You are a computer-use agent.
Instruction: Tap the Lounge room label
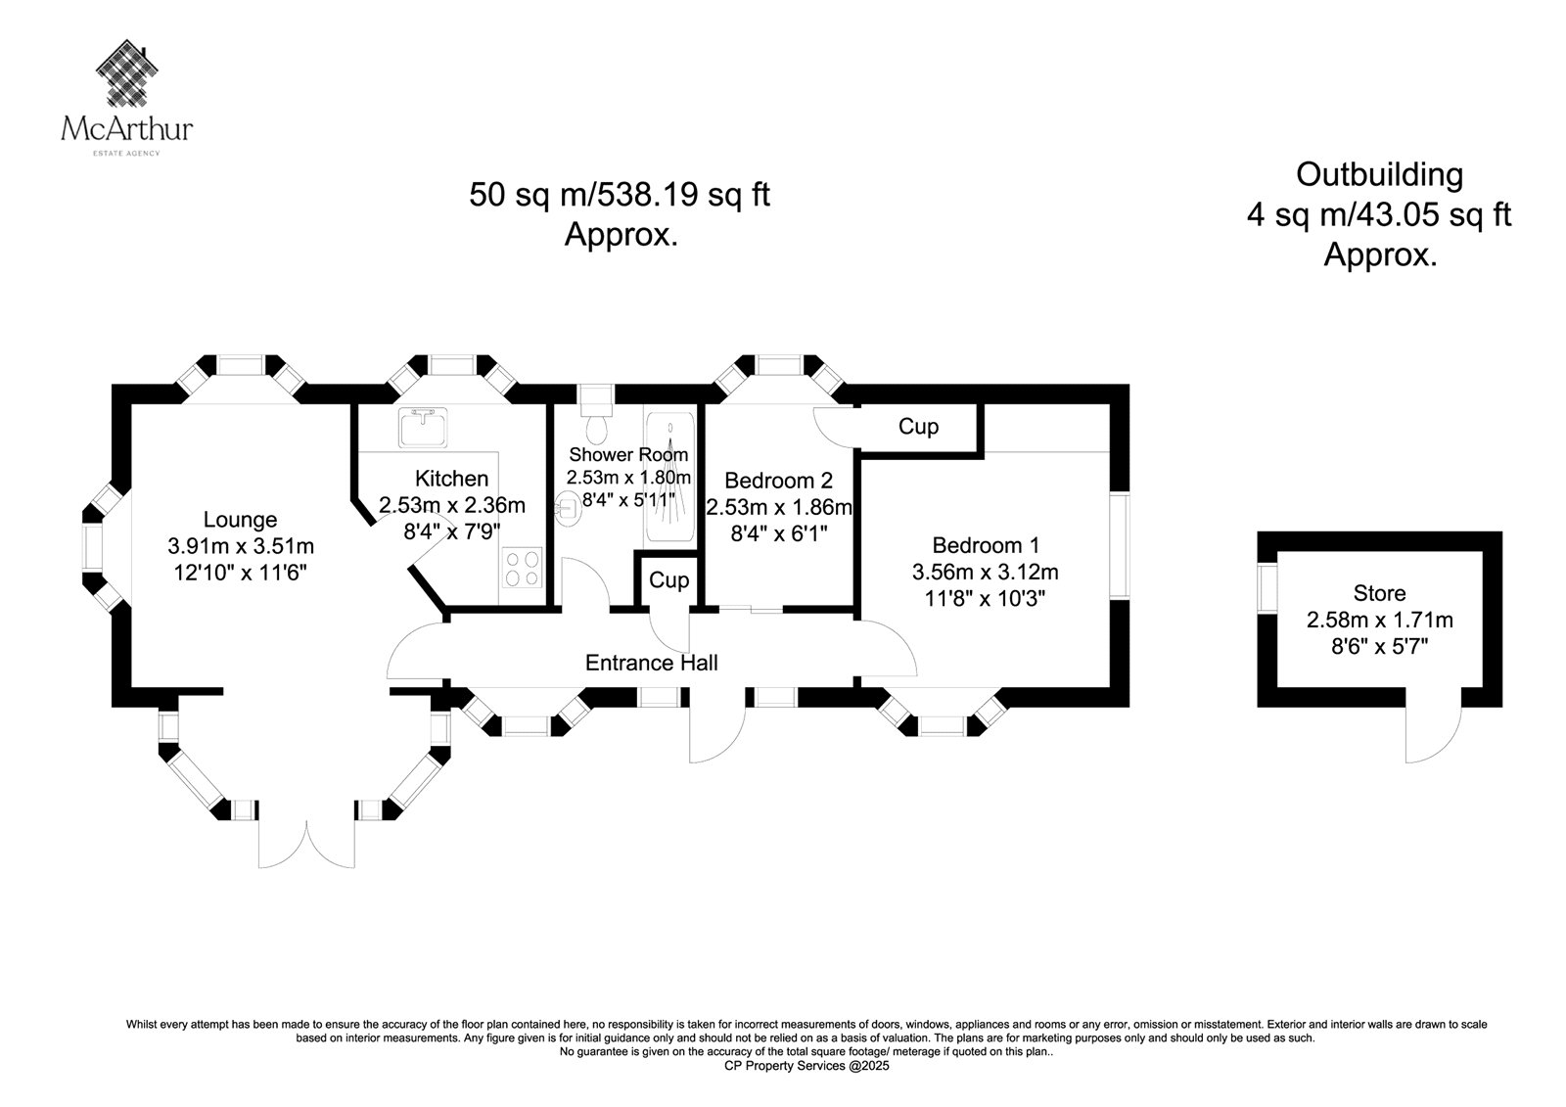pyautogui.click(x=240, y=520)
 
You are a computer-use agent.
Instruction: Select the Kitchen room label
pyautogui.click(x=451, y=479)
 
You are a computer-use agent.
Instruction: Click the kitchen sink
pyautogui.click(x=423, y=425)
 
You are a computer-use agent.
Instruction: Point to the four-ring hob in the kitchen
pyautogui.click(x=522, y=568)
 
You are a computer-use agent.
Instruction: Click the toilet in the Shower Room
pyautogui.click(x=595, y=427)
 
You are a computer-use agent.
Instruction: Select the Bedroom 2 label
pyautogui.click(x=778, y=481)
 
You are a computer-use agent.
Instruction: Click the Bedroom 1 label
pyautogui.click(x=986, y=545)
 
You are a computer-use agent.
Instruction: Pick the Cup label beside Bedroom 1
pyautogui.click(x=918, y=427)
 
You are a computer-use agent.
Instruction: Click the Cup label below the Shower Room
pyautogui.click(x=669, y=580)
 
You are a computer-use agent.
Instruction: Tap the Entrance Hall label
pyautogui.click(x=651, y=663)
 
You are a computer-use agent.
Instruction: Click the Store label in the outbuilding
pyautogui.click(x=1379, y=593)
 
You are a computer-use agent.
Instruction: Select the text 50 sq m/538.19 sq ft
pyautogui.click(x=620, y=195)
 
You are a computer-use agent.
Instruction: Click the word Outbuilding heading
pyautogui.click(x=1379, y=174)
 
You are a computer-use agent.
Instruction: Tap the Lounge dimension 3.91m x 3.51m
pyautogui.click(x=241, y=545)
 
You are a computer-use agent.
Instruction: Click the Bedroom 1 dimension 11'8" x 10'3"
pyautogui.click(x=986, y=597)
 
